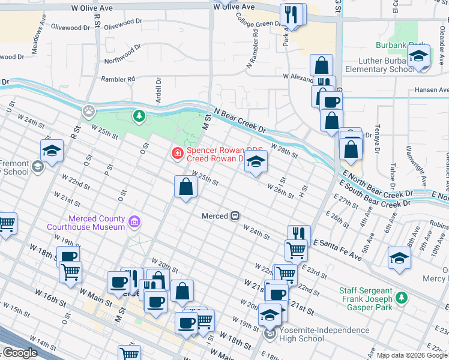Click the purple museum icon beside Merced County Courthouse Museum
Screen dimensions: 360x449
(x=135, y=223)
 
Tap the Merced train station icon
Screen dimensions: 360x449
(x=236, y=215)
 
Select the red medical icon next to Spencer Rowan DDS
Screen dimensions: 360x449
(x=177, y=154)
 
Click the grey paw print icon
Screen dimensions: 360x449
(x=89, y=111)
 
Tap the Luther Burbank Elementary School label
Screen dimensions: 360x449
(x=373, y=65)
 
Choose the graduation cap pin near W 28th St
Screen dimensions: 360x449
(x=256, y=161)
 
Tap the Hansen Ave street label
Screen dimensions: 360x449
(x=432, y=90)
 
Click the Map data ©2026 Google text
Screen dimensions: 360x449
(x=412, y=355)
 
